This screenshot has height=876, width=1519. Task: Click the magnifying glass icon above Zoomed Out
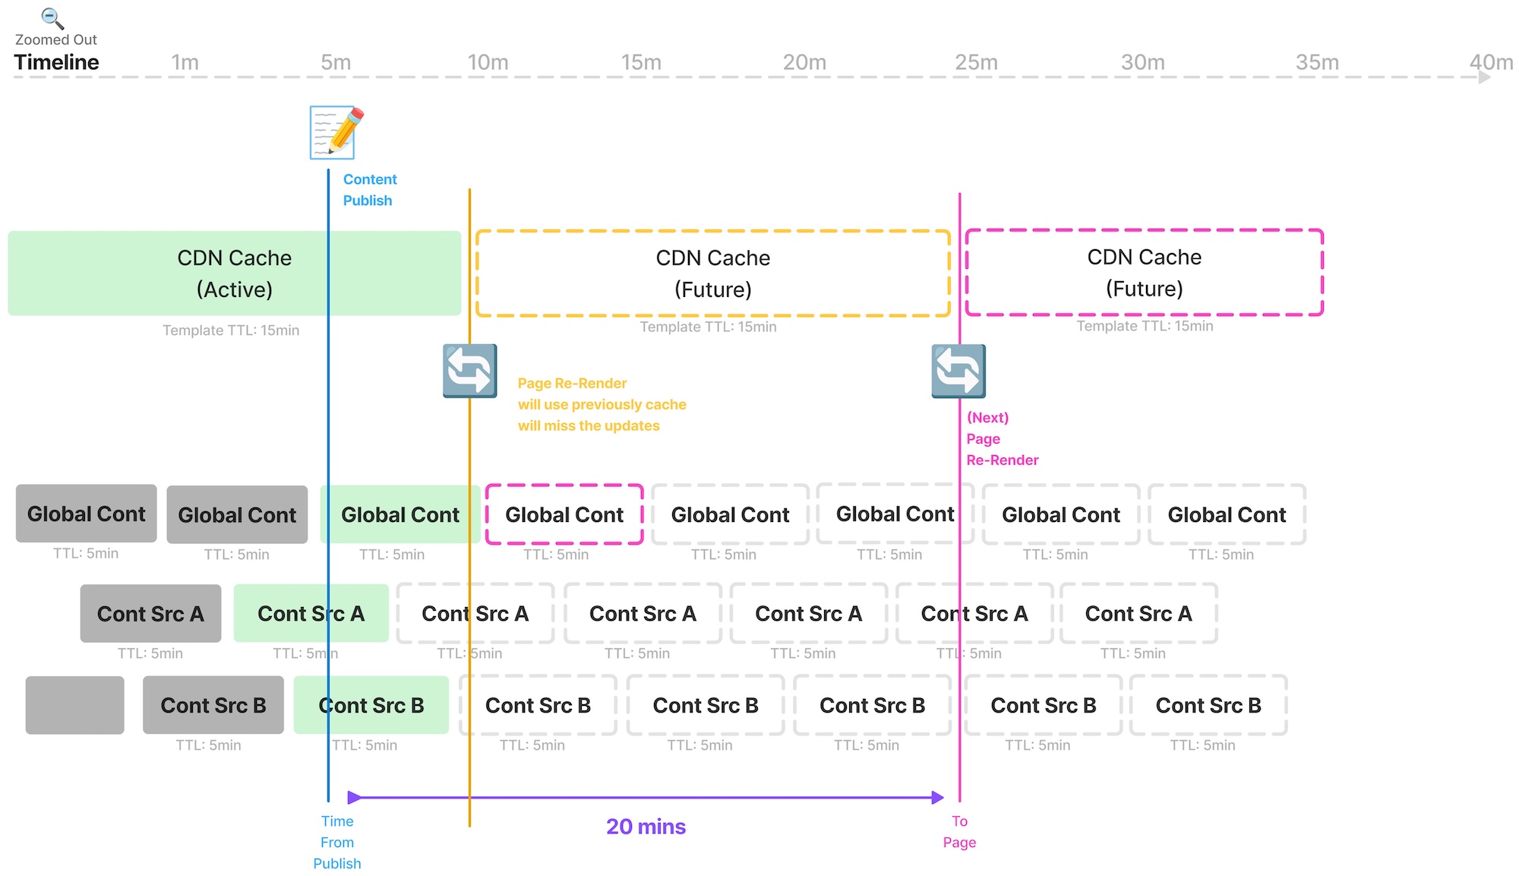tap(52, 18)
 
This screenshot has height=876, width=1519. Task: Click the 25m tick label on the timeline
tap(976, 62)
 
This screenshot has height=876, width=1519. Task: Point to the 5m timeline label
tap(336, 62)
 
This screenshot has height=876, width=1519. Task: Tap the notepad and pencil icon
tap(336, 133)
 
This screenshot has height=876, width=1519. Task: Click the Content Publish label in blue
tap(369, 190)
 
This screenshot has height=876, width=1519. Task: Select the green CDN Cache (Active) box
tap(234, 274)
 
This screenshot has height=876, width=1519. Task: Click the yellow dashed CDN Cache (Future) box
tap(712, 274)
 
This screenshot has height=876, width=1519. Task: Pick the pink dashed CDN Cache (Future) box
tap(1144, 273)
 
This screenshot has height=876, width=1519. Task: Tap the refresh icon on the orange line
tap(470, 371)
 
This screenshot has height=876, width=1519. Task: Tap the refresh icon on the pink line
tap(958, 371)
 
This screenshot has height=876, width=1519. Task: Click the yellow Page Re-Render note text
tap(601, 405)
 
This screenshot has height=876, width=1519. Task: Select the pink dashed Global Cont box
tap(564, 514)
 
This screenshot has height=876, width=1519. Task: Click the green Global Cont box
tap(399, 514)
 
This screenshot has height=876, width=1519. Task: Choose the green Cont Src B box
tap(371, 705)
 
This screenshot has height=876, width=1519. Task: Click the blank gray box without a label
tap(74, 705)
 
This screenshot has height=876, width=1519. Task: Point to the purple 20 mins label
tap(646, 827)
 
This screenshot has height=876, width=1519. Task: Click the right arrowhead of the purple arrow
tap(938, 798)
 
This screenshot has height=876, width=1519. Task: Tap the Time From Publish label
tap(337, 843)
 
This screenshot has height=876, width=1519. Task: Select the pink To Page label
tap(959, 832)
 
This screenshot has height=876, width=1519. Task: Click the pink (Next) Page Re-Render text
tap(1001, 439)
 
